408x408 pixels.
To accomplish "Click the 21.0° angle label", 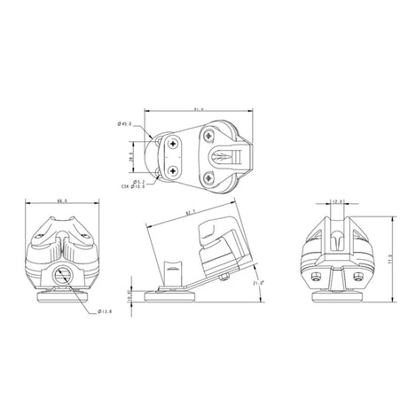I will coord(259,281).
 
